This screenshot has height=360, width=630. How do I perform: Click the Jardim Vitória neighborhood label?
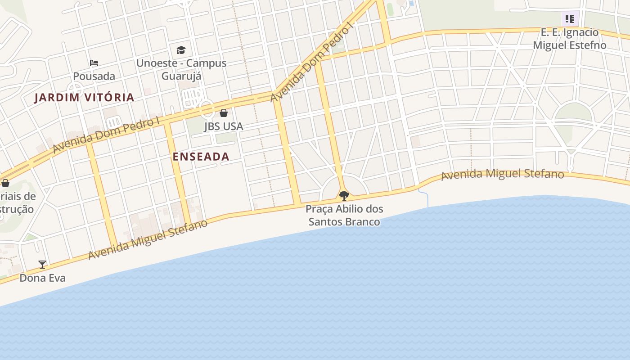[84, 97]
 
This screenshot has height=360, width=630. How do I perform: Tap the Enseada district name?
[201, 157]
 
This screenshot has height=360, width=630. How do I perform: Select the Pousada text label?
[94, 76]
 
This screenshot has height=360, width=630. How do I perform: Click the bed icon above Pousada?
[94, 63]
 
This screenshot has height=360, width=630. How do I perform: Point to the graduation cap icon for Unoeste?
[181, 50]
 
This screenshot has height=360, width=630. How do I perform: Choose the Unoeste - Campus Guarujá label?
[181, 69]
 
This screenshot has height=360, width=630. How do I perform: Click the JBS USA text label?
[224, 126]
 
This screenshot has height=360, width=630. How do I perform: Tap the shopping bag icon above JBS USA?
[224, 113]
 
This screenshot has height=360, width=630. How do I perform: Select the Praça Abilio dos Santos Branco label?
[344, 215]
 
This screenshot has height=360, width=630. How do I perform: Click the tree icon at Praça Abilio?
[344, 195]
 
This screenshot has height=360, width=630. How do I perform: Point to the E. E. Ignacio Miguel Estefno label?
[570, 39]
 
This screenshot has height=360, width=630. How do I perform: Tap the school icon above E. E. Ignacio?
[570, 19]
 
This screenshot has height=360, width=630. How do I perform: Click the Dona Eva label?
[42, 278]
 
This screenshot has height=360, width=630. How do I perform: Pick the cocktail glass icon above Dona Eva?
[42, 265]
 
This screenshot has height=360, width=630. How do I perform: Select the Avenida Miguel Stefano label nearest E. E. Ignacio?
[502, 174]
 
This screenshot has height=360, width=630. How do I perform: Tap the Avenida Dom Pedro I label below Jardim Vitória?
[106, 135]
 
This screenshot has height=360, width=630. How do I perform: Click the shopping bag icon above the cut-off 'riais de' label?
[5, 183]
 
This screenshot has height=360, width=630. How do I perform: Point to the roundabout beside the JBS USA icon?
[207, 108]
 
